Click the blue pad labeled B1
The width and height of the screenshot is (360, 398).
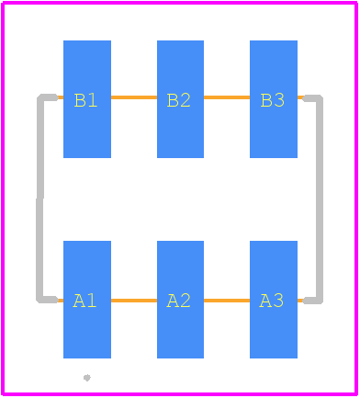coord(87,99)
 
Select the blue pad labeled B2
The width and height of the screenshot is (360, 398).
coord(180,99)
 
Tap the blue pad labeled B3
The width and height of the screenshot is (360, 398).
coord(274,99)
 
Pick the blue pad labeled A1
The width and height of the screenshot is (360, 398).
coord(87,300)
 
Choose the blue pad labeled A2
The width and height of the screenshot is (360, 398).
coord(180,300)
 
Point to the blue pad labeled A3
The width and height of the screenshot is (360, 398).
coord(274,300)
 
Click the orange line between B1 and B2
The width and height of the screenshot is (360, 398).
coord(134,97)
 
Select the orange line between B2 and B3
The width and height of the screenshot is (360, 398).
coord(227,97)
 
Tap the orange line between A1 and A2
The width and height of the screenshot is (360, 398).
coord(134,301)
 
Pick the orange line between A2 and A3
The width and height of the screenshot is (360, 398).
coord(227,301)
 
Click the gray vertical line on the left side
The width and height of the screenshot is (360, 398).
coord(39,199)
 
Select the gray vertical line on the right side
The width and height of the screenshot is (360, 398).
coord(320,199)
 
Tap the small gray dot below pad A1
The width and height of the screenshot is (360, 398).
coord(87,378)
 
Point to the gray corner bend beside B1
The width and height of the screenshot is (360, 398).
coord(41,97)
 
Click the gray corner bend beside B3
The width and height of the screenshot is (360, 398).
coord(319,98)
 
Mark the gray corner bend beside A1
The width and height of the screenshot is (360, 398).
coord(40,300)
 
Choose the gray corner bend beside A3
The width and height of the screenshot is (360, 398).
coord(319,301)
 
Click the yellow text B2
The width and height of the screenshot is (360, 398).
coord(178,100)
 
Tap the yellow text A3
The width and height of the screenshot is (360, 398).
coord(271,301)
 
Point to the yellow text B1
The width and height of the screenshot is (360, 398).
coord(85,100)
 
